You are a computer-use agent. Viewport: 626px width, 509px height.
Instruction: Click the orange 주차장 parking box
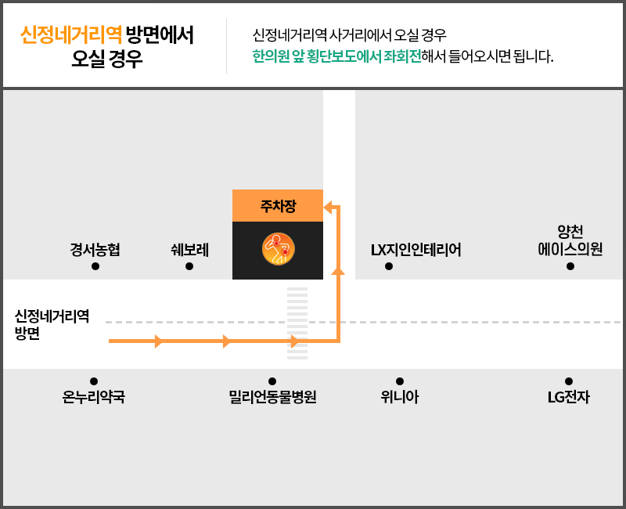pyautogui.click(x=278, y=205)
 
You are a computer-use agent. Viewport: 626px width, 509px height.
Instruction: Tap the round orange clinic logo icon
pyautogui.click(x=279, y=249)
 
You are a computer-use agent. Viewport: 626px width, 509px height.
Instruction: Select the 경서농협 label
pyautogui.click(x=95, y=250)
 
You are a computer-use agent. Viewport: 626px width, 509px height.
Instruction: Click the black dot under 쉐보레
pyautogui.click(x=189, y=266)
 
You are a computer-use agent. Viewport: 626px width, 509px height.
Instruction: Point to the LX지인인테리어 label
pyautogui.click(x=416, y=250)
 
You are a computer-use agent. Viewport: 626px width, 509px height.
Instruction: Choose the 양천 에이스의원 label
pyautogui.click(x=570, y=240)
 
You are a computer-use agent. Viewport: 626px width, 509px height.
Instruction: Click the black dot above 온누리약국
pyautogui.click(x=94, y=381)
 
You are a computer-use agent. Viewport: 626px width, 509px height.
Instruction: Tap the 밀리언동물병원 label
pyautogui.click(x=272, y=397)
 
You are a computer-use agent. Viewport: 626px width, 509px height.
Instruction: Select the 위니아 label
pyautogui.click(x=400, y=397)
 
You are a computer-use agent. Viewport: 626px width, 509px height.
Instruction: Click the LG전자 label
pyautogui.click(x=569, y=397)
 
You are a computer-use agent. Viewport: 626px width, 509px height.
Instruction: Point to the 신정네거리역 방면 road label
pyautogui.click(x=52, y=324)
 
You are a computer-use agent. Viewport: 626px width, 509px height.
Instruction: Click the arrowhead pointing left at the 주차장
pyautogui.click(x=328, y=208)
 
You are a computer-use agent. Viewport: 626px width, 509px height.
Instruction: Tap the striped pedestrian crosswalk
pyautogui.click(x=297, y=323)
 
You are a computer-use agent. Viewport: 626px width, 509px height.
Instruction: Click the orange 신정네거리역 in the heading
pyautogui.click(x=71, y=34)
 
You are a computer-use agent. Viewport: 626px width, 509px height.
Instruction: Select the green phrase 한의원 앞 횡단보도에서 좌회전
pyautogui.click(x=336, y=56)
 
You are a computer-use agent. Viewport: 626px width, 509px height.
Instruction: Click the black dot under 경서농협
pyautogui.click(x=95, y=266)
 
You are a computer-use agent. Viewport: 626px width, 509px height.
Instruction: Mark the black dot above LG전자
pyautogui.click(x=569, y=381)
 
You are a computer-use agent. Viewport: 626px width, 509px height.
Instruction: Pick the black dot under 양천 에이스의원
pyautogui.click(x=570, y=266)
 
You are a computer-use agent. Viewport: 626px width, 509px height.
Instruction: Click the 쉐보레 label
pyautogui.click(x=189, y=250)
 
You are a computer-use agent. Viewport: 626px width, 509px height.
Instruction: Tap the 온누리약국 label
pyautogui.click(x=93, y=397)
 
